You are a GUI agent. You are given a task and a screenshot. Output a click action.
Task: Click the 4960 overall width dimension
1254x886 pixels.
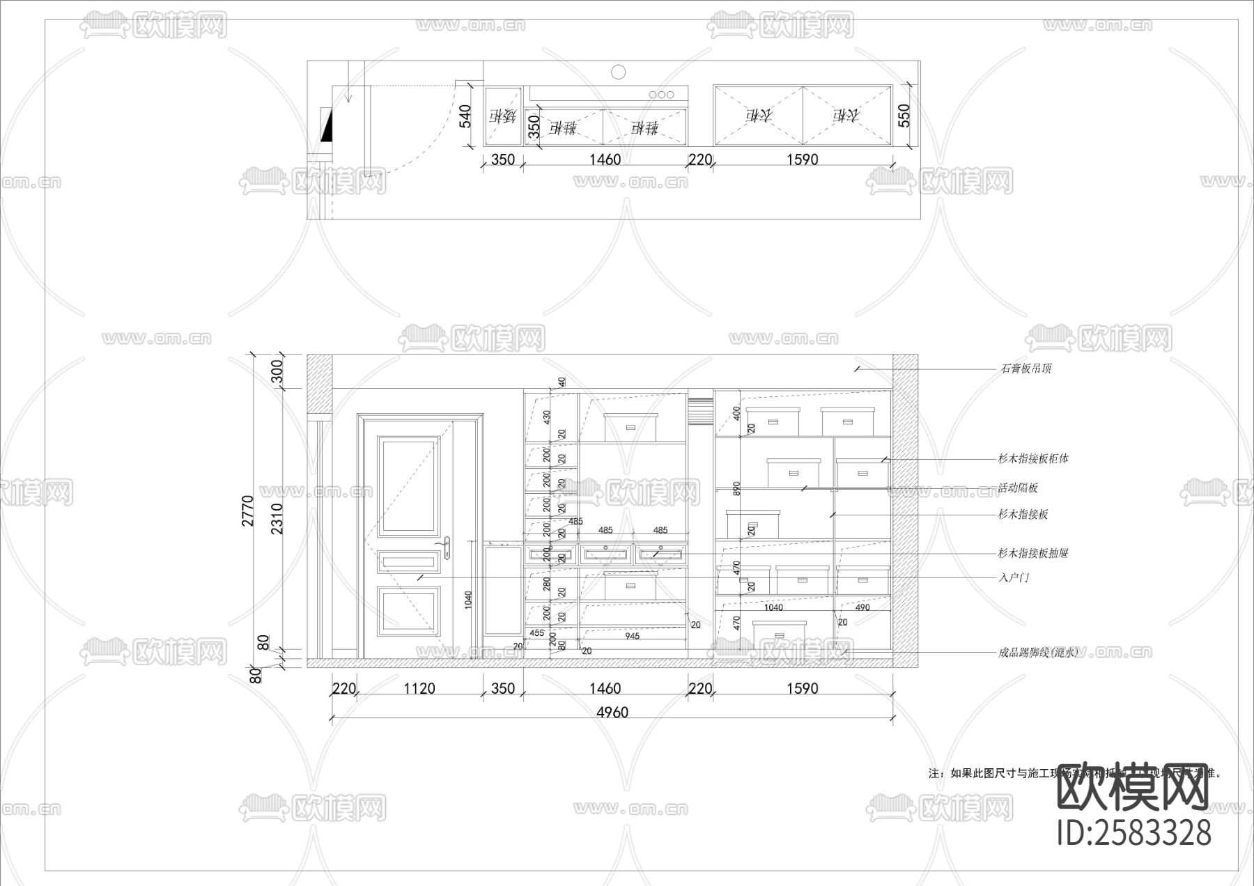tap(612, 712)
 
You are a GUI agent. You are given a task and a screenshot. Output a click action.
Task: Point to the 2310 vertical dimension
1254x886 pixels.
tap(277, 518)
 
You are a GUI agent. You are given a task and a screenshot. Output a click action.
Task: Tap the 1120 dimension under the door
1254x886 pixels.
tap(419, 688)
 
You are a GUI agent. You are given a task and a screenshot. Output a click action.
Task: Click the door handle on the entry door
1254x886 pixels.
tap(447, 547)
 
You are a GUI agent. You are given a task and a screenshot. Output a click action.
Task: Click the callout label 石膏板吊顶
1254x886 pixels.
tap(1026, 368)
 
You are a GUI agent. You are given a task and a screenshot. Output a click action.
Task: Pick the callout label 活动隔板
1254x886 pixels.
tap(1018, 488)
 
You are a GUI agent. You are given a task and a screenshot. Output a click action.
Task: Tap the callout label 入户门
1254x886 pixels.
tap(1014, 577)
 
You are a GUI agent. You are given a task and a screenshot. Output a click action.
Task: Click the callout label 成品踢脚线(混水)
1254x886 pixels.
tap(1037, 653)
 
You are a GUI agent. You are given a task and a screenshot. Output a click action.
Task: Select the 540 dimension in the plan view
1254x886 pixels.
tap(465, 116)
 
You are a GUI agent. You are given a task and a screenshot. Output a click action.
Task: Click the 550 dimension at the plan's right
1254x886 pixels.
tap(904, 116)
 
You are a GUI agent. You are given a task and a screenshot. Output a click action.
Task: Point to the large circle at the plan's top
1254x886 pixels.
tap(618, 71)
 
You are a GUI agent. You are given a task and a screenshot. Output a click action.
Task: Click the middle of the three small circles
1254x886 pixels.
tap(661, 94)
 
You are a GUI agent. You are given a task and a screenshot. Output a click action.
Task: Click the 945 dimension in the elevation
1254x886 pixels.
tap(632, 636)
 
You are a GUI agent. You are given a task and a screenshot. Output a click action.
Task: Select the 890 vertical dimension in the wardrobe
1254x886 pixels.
tap(736, 488)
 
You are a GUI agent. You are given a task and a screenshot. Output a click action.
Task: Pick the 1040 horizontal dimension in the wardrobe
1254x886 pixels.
tap(773, 607)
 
